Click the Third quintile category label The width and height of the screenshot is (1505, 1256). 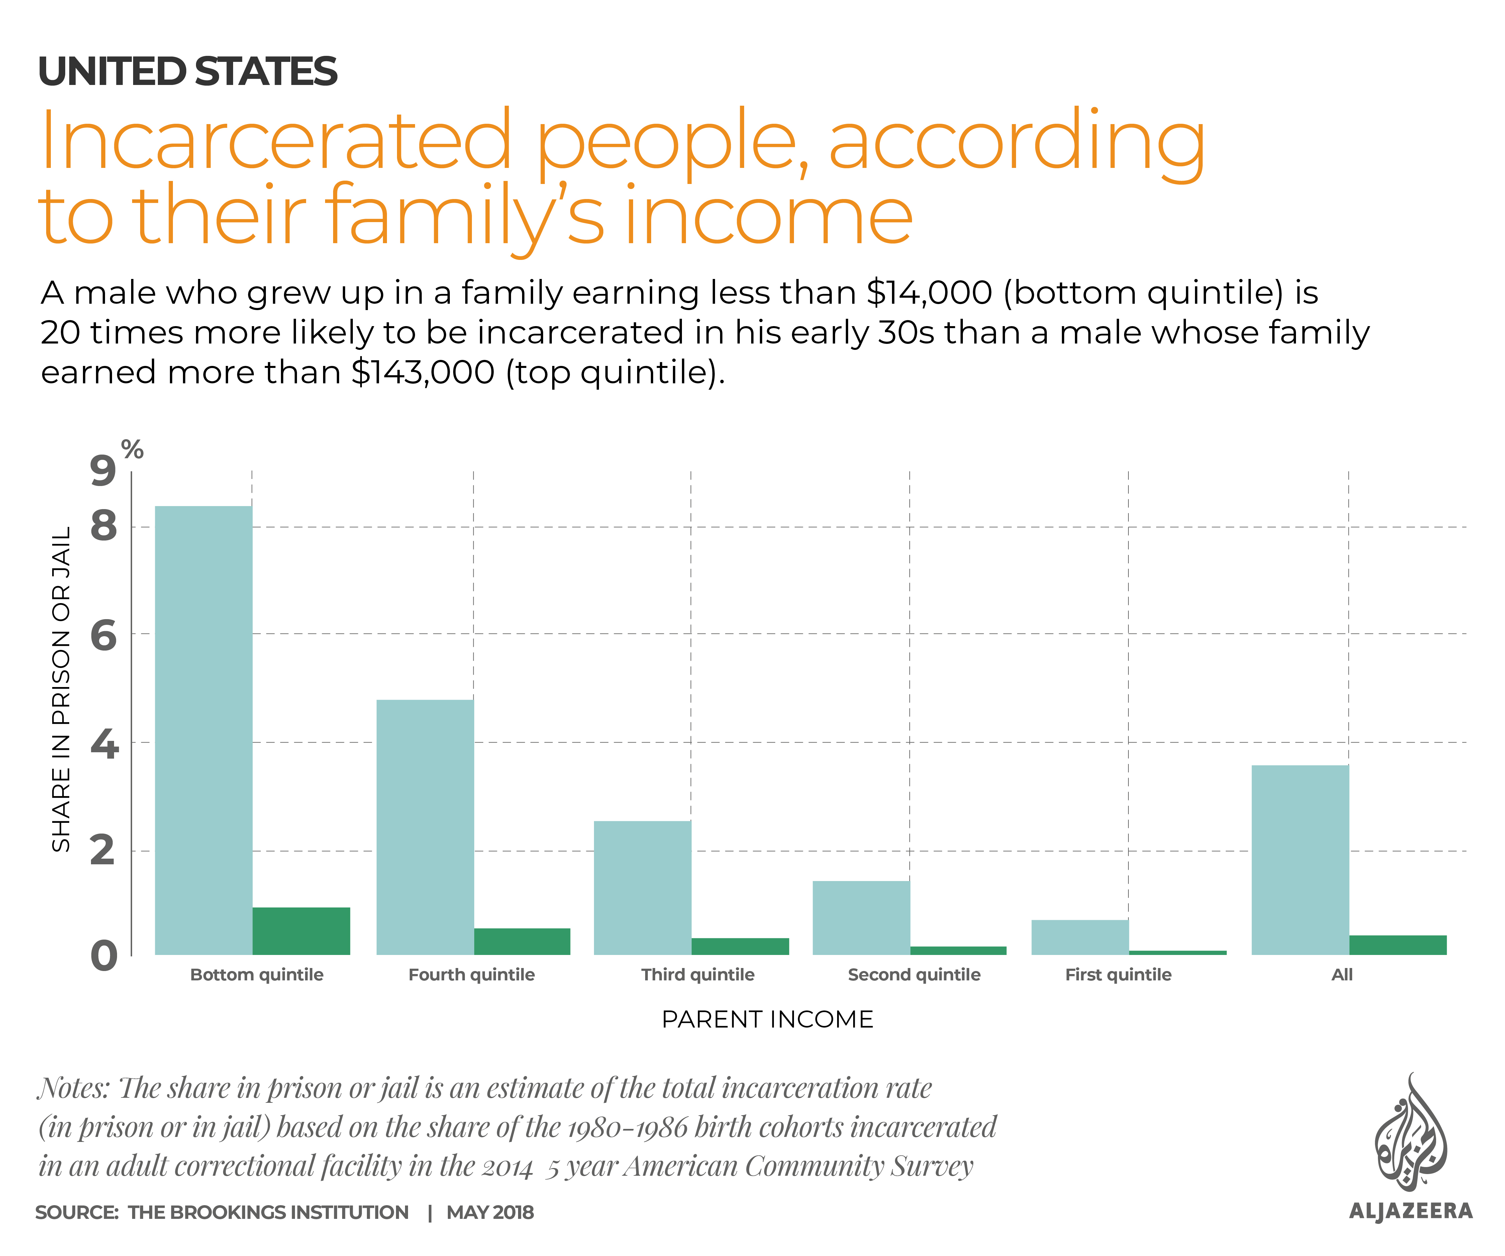[697, 975]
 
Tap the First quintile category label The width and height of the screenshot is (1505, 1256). [1118, 975]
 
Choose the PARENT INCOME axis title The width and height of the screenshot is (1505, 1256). [767, 1020]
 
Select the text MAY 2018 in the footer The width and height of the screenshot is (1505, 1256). [490, 1212]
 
